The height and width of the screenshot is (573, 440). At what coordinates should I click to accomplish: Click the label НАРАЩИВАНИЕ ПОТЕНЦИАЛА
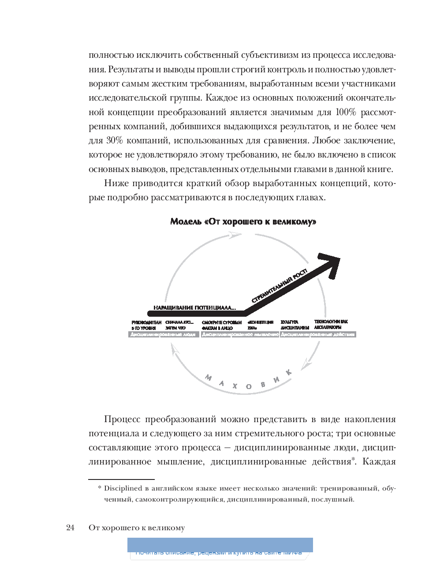click(194, 307)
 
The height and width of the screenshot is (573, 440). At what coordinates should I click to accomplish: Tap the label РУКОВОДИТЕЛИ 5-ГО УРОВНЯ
click(143, 325)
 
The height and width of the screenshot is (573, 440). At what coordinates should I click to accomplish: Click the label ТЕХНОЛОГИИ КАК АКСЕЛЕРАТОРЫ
click(331, 325)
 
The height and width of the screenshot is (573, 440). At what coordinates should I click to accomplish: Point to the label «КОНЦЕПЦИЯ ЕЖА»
click(261, 325)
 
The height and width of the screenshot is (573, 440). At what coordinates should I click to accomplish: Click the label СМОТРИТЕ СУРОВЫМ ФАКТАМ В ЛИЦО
click(222, 325)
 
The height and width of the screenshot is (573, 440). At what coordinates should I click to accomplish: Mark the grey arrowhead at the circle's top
click(235, 236)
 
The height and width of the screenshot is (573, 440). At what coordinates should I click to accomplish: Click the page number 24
click(71, 528)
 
